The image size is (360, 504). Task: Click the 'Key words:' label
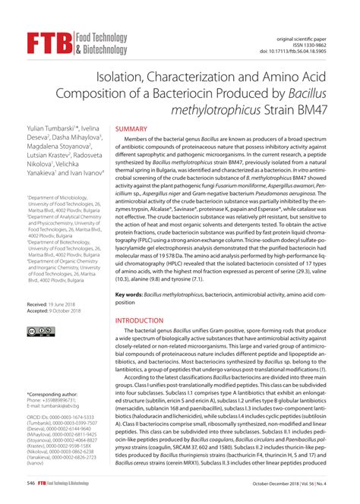(x=130, y=293)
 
